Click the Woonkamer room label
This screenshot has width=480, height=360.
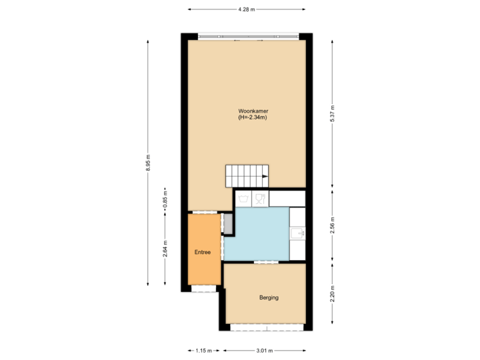[x=253, y=111]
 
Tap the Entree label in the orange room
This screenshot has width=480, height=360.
[x=203, y=253]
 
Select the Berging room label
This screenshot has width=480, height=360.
[x=269, y=297]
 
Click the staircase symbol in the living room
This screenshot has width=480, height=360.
[x=247, y=177]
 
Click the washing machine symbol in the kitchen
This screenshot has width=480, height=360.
[x=244, y=199]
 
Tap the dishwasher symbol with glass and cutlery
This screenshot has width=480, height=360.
[x=259, y=199]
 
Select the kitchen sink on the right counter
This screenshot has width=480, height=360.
[x=297, y=233]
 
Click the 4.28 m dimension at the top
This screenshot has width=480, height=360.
[x=247, y=9]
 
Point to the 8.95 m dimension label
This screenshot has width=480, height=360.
[x=148, y=163]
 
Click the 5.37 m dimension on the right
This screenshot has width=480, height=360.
[x=332, y=114]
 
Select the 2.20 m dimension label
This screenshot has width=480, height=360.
[x=332, y=293]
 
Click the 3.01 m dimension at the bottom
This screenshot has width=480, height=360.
[x=264, y=350]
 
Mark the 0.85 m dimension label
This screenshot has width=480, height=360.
[x=165, y=200]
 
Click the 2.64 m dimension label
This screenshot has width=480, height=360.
[x=165, y=249]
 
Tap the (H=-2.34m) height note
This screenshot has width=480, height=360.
[x=253, y=118]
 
